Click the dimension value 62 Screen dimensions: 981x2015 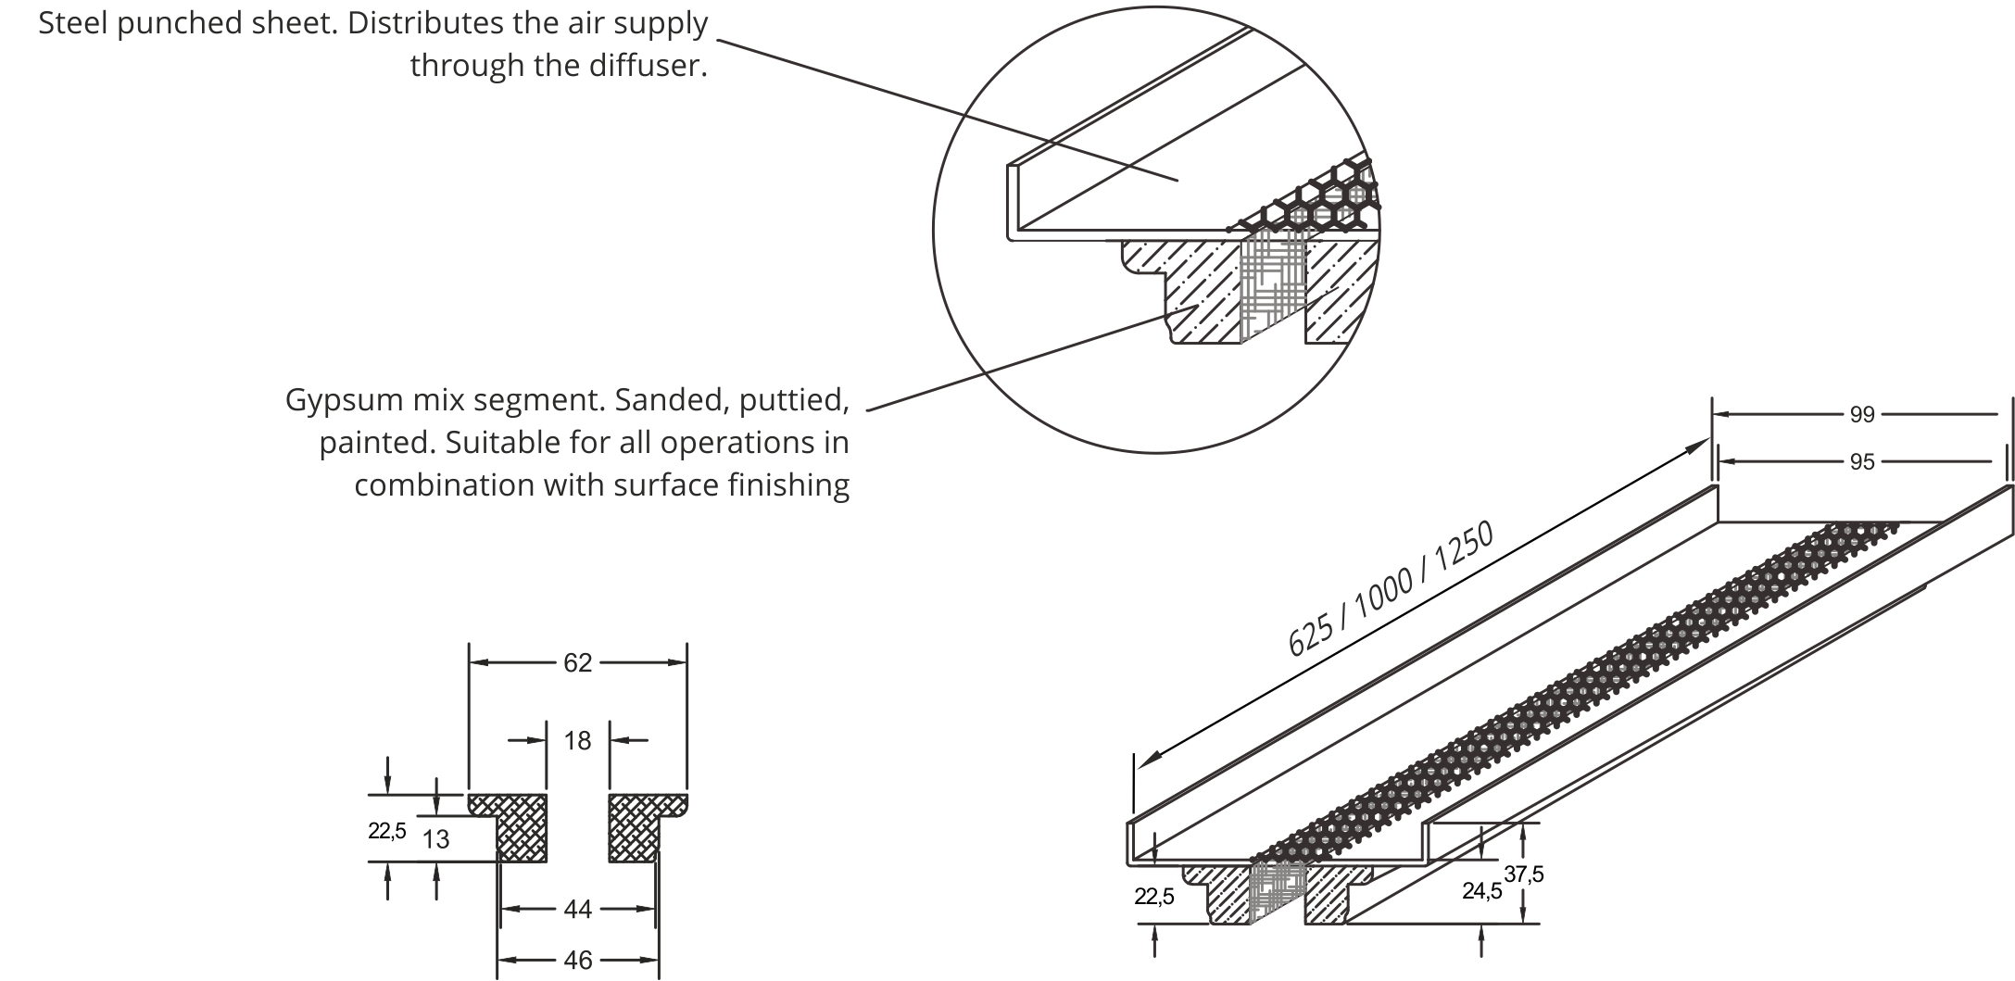tap(577, 662)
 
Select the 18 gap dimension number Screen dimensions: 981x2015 tap(577, 740)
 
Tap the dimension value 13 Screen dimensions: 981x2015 tap(435, 839)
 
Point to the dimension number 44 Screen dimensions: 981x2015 tap(577, 910)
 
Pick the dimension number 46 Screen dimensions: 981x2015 tap(577, 960)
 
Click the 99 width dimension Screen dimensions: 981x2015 tap(1862, 415)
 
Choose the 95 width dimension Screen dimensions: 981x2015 tap(1862, 461)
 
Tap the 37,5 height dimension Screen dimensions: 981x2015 tap(1525, 874)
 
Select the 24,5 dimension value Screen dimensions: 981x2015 tap(1481, 891)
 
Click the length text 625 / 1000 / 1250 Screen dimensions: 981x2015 tap(1391, 589)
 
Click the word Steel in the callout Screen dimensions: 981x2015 tap(77, 23)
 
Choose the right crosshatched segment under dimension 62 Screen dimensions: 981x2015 tap(636, 827)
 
